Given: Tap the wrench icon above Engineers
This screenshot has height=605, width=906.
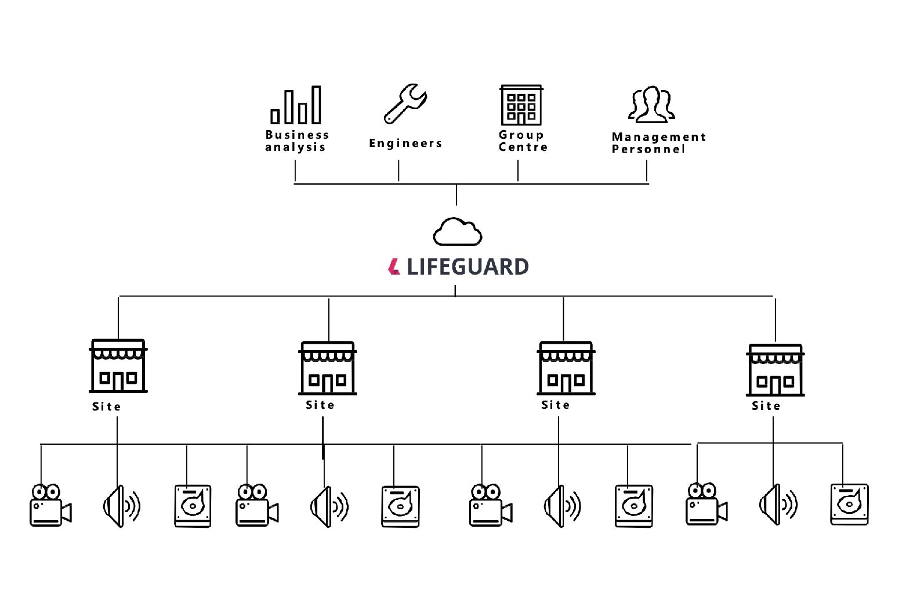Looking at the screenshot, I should (x=405, y=103).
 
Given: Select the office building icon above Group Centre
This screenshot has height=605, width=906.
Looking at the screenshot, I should (x=521, y=105).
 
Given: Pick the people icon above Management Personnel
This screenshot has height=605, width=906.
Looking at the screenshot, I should (x=651, y=105).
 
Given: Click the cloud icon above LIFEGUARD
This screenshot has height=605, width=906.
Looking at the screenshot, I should (x=457, y=232).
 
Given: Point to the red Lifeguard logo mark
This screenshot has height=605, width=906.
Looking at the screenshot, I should (x=394, y=267).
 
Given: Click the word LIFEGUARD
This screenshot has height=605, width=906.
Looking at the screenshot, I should (x=468, y=267).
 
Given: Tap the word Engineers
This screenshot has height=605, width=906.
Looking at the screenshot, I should (x=405, y=143).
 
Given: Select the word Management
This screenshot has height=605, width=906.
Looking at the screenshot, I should (x=659, y=137).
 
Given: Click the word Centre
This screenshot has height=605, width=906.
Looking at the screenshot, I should (x=523, y=147).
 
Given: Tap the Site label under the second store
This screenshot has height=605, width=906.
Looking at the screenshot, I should (x=320, y=405).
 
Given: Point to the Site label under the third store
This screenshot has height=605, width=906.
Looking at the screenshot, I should (x=556, y=405).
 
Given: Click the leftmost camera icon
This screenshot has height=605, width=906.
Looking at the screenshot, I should (x=49, y=506).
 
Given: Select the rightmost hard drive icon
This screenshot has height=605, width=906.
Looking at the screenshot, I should (x=849, y=505).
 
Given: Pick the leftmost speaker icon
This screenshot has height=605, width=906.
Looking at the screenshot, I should (x=121, y=506).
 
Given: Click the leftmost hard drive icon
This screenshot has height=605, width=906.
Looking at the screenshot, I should (x=193, y=506).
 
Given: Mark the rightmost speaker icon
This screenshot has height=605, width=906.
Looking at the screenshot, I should (x=778, y=505).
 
